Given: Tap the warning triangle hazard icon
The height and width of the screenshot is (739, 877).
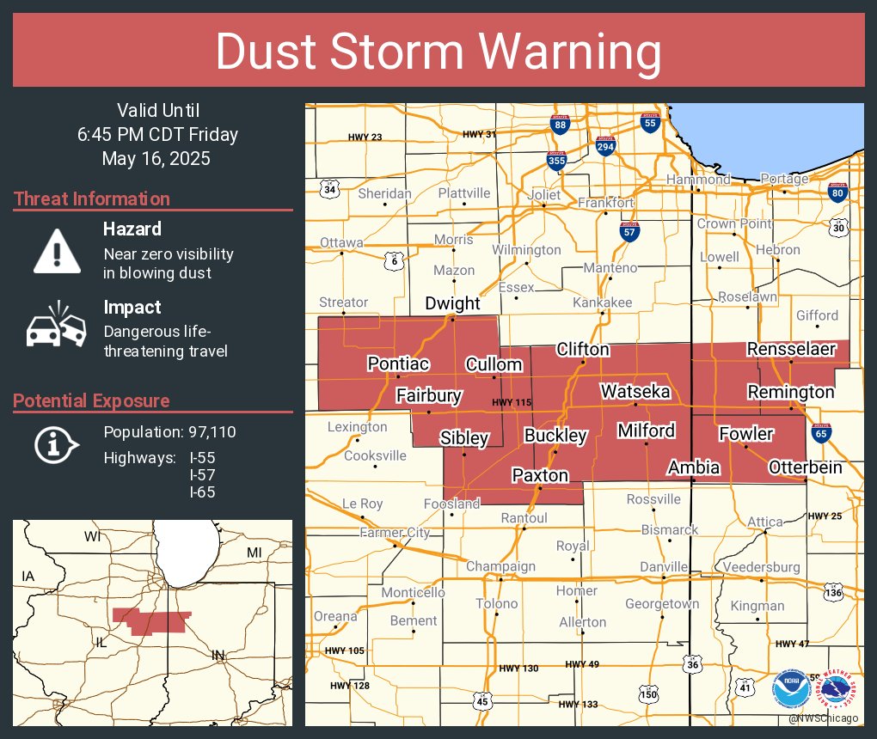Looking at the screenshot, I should pyautogui.click(x=57, y=250).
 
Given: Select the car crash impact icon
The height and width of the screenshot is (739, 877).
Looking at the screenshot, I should pyautogui.click(x=57, y=326).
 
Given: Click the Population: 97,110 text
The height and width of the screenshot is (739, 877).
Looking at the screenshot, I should pyautogui.click(x=169, y=431).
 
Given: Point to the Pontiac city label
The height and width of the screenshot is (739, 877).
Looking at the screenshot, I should pyautogui.click(x=398, y=363).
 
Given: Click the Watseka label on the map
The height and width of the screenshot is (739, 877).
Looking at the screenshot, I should pyautogui.click(x=635, y=391).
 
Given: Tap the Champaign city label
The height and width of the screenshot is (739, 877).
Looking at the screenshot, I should pyautogui.click(x=500, y=566).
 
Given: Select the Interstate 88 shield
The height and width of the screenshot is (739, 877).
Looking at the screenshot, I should pyautogui.click(x=560, y=125).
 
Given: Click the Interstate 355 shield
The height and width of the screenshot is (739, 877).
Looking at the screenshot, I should pyautogui.click(x=556, y=160).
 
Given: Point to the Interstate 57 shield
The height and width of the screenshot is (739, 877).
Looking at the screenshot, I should pyautogui.click(x=629, y=229).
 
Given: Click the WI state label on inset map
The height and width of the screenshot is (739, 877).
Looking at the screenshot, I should pyautogui.click(x=92, y=536).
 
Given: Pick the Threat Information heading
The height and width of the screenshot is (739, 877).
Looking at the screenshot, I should pyautogui.click(x=92, y=198).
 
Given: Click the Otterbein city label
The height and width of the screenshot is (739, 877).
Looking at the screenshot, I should pyautogui.click(x=805, y=467).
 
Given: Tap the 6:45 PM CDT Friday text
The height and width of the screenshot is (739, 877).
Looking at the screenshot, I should pyautogui.click(x=156, y=134).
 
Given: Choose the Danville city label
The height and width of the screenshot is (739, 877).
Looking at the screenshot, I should pyautogui.click(x=664, y=566).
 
